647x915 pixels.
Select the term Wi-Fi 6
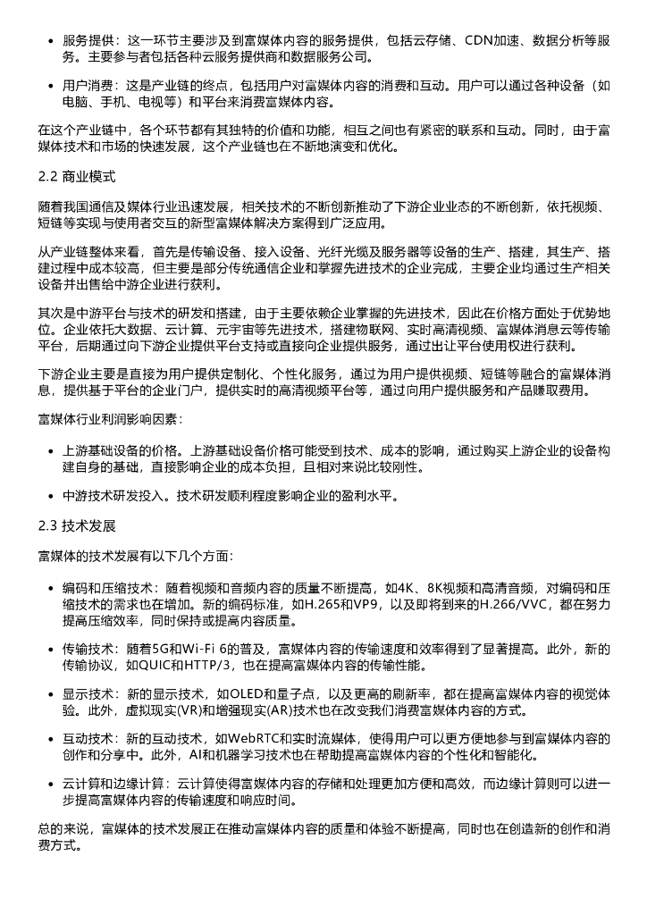[204, 649]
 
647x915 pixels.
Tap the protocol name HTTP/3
[217, 666]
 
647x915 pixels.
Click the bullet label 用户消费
[87, 87]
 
